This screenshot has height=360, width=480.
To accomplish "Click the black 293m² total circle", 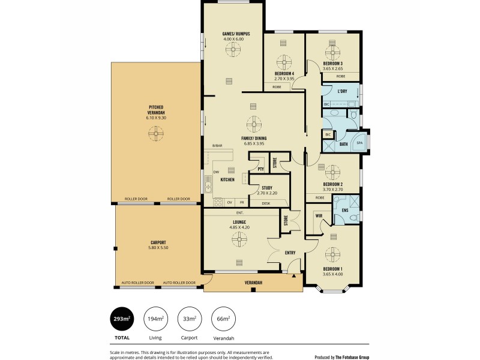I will click(122, 319).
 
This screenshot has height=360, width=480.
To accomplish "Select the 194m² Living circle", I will click(155, 319).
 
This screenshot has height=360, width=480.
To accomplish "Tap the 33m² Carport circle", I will click(189, 319).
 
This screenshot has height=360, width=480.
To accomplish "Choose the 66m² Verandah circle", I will click(223, 319).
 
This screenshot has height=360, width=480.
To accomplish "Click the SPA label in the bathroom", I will click(360, 144).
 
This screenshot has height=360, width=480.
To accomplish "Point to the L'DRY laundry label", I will click(343, 91).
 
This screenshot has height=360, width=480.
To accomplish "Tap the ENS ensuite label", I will click(345, 211).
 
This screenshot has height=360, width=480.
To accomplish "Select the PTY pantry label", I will click(260, 169).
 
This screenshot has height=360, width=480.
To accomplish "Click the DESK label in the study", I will click(266, 203).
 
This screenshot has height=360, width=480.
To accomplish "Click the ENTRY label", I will click(290, 253).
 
